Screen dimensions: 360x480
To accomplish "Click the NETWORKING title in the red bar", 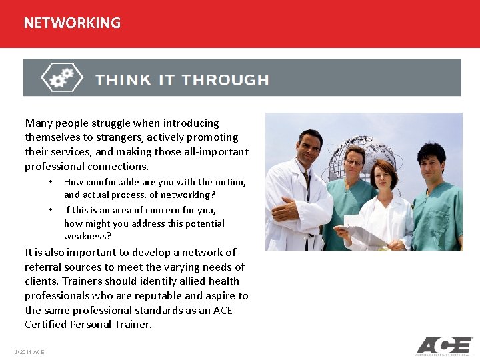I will click(x=72, y=23).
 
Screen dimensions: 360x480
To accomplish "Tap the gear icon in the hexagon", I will click(x=61, y=77).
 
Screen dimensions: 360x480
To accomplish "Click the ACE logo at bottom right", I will click(x=443, y=346).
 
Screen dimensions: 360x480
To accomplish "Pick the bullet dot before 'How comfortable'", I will click(x=50, y=182).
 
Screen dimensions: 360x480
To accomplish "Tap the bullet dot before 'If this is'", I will click(x=50, y=209).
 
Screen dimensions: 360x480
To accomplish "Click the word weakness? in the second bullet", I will click(x=87, y=236).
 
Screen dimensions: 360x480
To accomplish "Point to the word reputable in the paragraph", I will click(x=158, y=295).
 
